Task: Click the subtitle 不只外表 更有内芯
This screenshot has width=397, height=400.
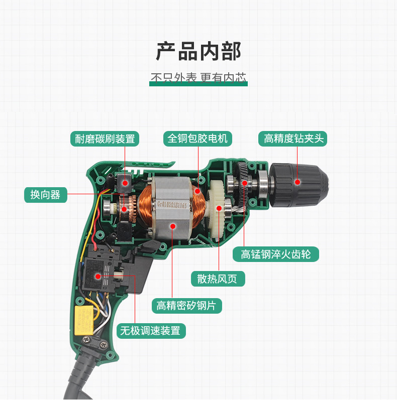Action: pyautogui.click(x=198, y=78)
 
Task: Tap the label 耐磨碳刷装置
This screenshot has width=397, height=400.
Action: pyautogui.click(x=105, y=139)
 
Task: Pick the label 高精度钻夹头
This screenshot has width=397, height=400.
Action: pyautogui.click(x=293, y=139)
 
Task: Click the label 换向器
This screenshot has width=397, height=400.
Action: pyautogui.click(x=45, y=194)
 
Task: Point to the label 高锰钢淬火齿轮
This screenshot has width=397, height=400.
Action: pyautogui.click(x=276, y=254)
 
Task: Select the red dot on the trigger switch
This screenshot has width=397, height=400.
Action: pyautogui.click(x=97, y=275)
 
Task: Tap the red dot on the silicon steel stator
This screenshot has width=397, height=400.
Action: pyautogui.click(x=172, y=226)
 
